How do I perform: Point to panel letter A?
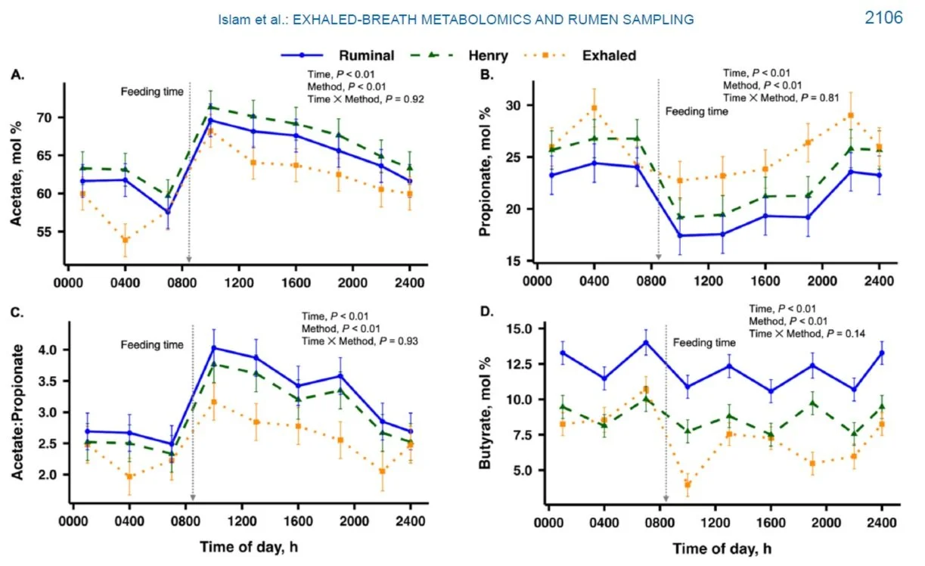coord(16,74)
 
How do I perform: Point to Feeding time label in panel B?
coord(697,111)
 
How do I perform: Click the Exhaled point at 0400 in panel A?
coord(125,241)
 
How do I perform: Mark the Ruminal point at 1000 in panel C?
coord(214,348)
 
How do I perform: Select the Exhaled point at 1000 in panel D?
coord(688,484)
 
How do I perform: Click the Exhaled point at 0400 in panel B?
coord(594,108)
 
